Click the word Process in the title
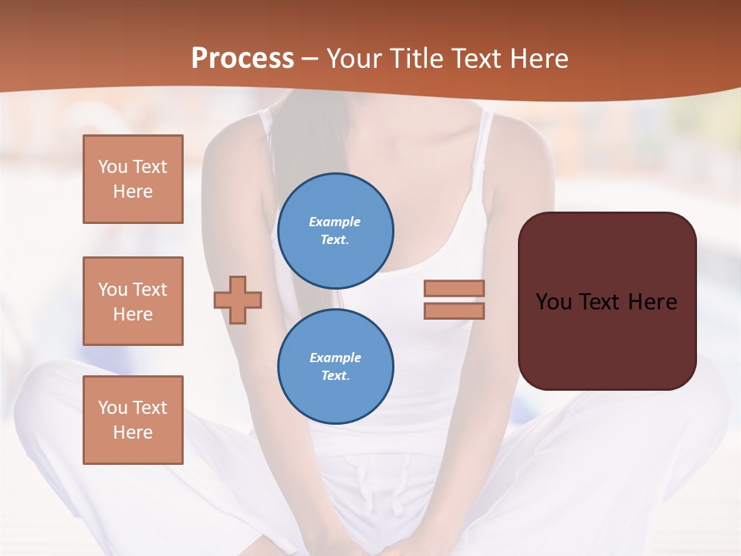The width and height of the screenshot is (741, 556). (242, 59)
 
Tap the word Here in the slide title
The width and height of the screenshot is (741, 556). (538, 59)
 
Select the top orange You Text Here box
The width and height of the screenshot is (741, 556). (133, 179)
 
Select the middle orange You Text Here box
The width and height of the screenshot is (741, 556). (133, 301)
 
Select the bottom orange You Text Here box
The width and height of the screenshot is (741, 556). (133, 420)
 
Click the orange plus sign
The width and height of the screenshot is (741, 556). (238, 300)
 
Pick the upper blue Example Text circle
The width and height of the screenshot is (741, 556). (335, 231)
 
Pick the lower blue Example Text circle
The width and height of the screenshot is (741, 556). (335, 367)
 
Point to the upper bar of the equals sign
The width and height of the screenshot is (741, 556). (454, 288)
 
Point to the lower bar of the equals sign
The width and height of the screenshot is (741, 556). (454, 310)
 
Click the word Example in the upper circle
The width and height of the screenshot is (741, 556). (335, 222)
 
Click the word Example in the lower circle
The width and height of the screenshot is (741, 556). (335, 358)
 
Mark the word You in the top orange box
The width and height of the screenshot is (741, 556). (112, 167)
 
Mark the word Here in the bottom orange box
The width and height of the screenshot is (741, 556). (133, 432)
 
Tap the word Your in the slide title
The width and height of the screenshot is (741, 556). (355, 59)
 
